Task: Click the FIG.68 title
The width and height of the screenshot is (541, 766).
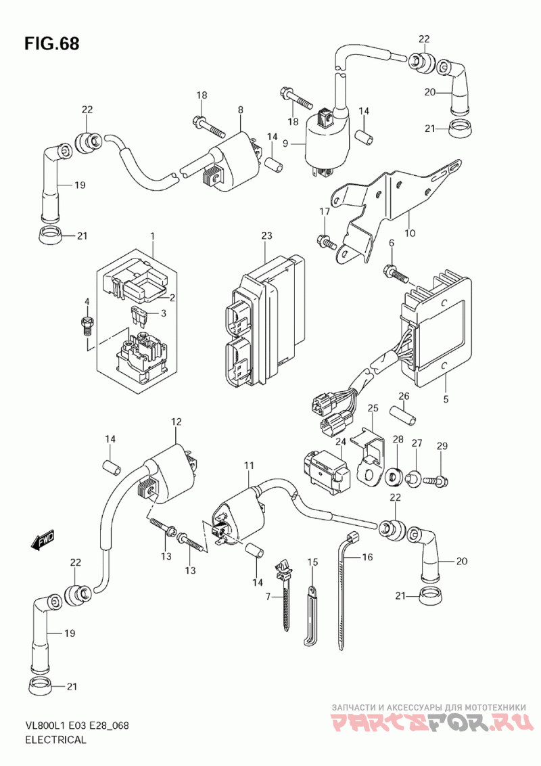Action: click(51, 44)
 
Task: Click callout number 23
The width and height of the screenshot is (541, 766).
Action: click(266, 235)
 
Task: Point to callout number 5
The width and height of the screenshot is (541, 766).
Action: click(446, 399)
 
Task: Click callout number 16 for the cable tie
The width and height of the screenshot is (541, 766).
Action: click(367, 557)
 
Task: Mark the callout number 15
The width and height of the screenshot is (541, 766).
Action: click(312, 562)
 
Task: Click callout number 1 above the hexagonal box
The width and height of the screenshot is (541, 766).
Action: click(152, 235)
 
